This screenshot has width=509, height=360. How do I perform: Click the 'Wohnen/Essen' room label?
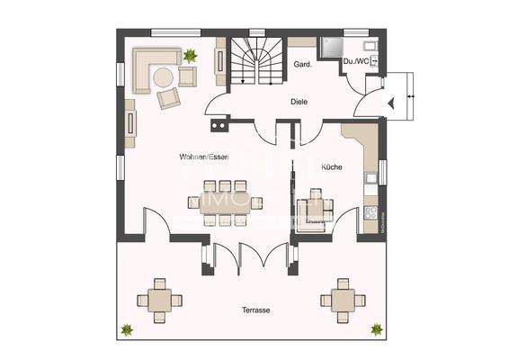[x=203, y=157]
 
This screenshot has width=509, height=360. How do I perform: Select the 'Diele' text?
[x=299, y=102]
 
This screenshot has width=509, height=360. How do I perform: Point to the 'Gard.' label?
[x=302, y=65]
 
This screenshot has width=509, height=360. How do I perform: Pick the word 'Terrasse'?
[x=255, y=310]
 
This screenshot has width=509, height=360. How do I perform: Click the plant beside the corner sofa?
[x=190, y=57]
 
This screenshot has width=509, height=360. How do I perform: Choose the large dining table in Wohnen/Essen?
[x=226, y=202]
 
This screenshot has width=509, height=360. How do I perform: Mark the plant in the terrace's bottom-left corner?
[x=129, y=329]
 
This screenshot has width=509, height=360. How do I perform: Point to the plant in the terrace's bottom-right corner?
[x=377, y=329]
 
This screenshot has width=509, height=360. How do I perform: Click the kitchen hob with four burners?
[x=369, y=214]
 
